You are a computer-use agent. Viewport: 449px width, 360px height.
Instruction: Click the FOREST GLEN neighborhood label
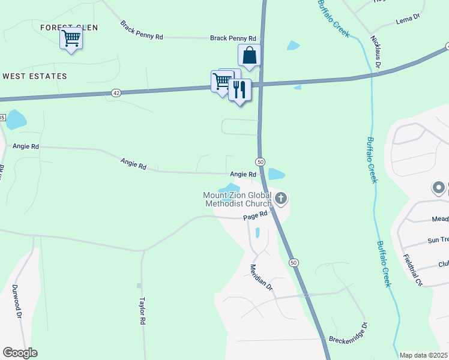point(69,28)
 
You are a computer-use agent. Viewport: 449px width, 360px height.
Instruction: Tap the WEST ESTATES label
point(35,76)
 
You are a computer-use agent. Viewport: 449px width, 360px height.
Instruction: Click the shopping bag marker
point(249,56)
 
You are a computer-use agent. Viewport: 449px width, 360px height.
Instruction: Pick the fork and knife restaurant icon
point(240,90)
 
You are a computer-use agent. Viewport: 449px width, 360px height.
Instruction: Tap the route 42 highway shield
point(116,92)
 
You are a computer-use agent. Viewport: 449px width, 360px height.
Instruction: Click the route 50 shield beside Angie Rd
point(261,162)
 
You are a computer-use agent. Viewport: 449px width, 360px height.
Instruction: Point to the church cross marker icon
point(281,198)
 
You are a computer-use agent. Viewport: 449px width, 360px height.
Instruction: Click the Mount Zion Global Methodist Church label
point(237,199)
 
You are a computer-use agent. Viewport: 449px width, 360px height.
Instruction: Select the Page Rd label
point(254,218)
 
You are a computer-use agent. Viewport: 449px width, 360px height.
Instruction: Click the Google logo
point(20,353)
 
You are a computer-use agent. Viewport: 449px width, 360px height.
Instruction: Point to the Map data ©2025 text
point(424,355)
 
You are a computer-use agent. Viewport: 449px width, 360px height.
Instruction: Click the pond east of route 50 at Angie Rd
point(276,175)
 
